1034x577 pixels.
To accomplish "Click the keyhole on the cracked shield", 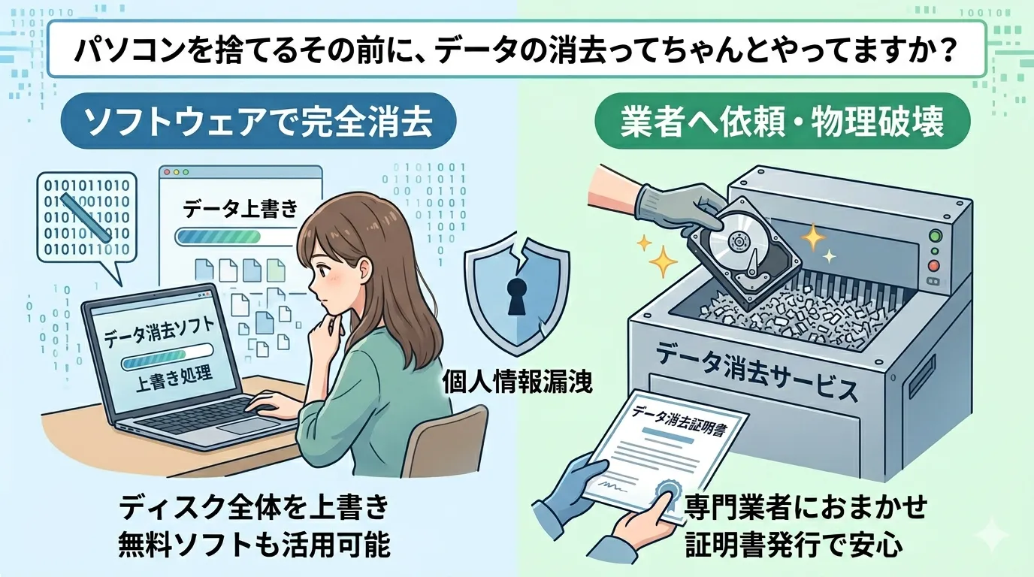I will click(x=515, y=294).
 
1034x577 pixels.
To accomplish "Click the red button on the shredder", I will click(x=934, y=265).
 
